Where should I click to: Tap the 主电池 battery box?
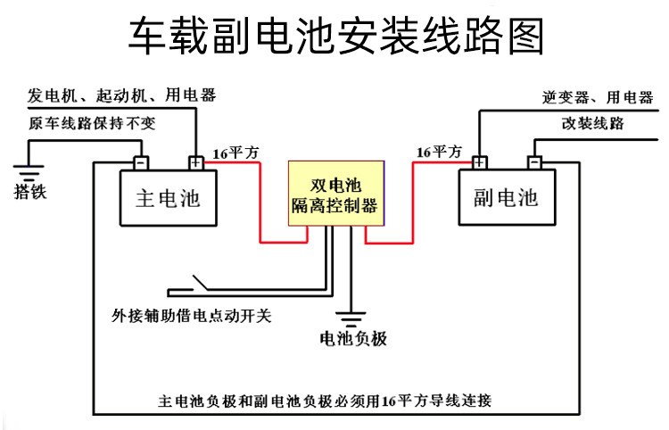[169, 198]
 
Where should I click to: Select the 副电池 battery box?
[506, 197]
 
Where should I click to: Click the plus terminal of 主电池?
[194, 162]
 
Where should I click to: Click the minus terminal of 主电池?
[141, 162]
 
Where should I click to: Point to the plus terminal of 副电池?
[480, 162]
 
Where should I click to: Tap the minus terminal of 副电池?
[533, 162]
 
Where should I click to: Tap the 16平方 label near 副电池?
[440, 153]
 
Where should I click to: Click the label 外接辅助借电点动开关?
[192, 314]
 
